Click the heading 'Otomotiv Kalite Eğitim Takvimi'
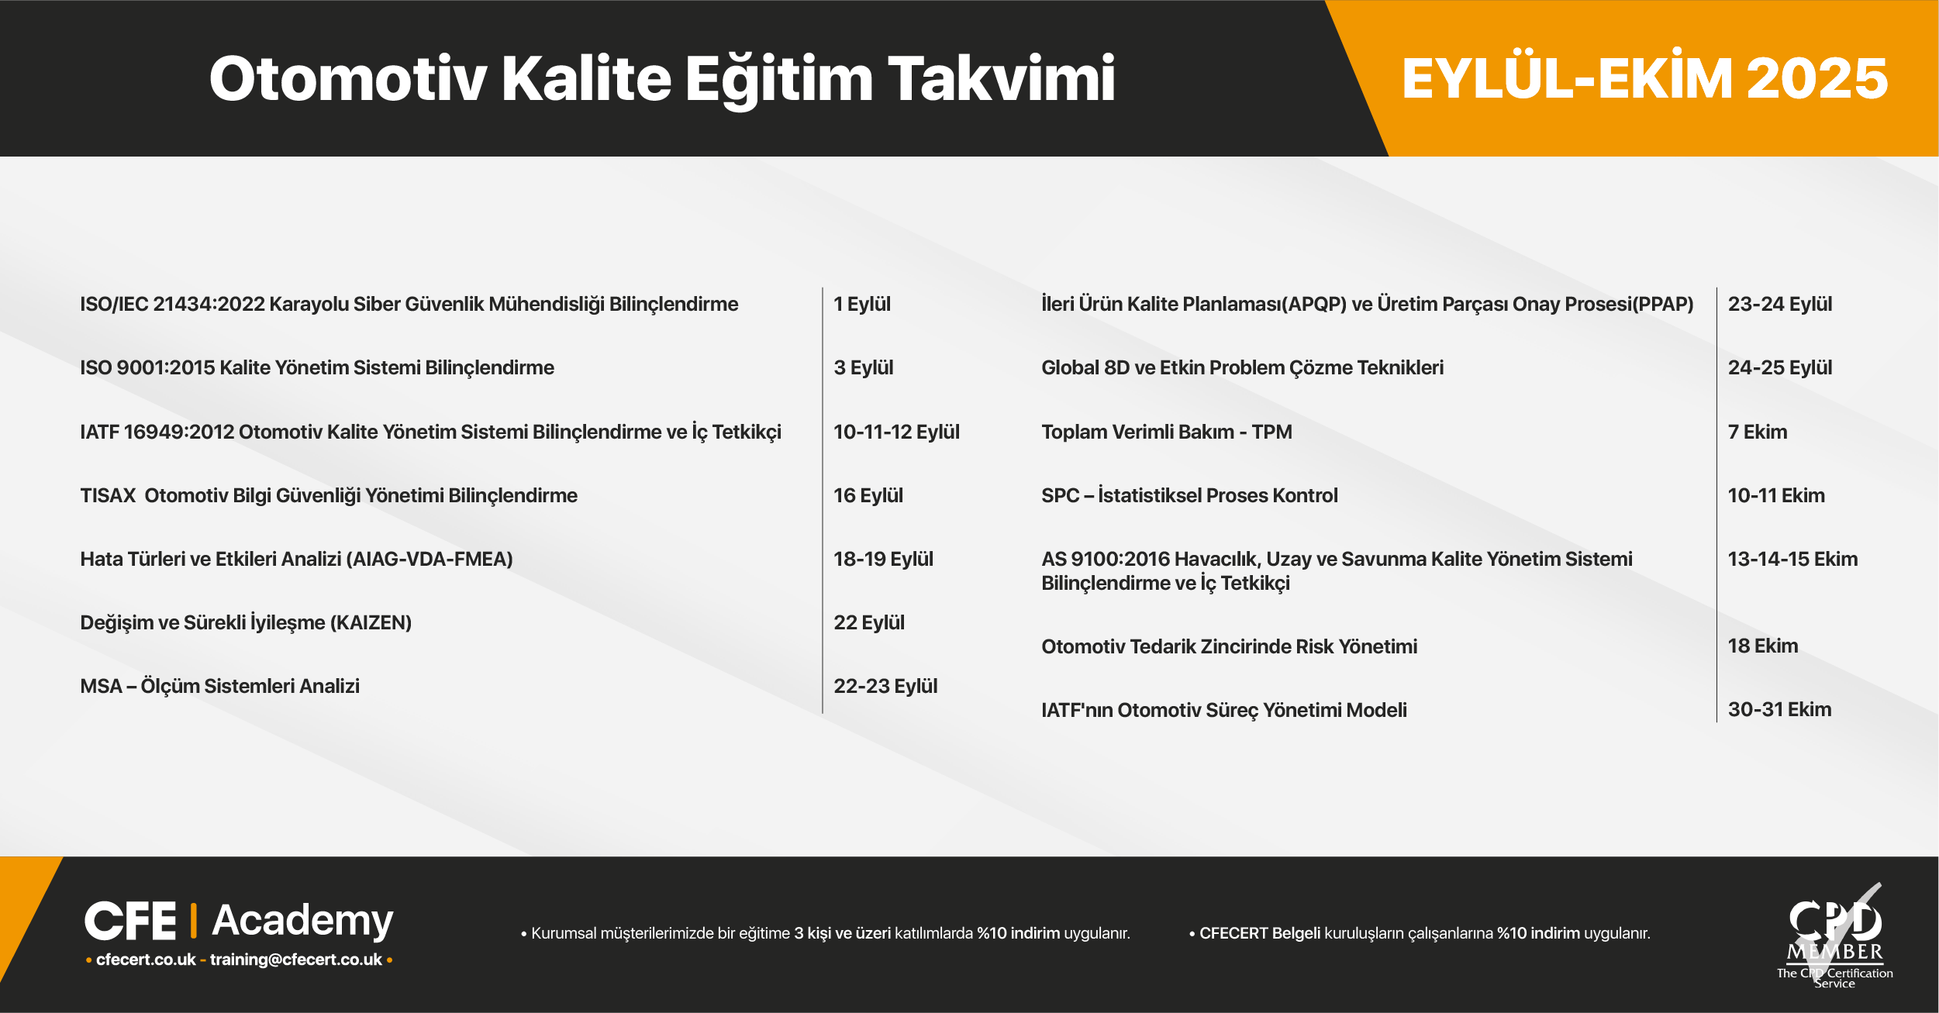tap(662, 79)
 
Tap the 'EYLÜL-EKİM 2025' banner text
tap(1644, 78)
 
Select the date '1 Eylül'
tap(862, 304)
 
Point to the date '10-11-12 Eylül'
tap(896, 432)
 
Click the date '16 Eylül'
tap(868, 495)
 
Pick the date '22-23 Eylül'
tap(885, 686)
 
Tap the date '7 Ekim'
tap(1758, 432)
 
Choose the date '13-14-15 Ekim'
tap(1792, 559)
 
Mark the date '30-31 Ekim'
tap(1779, 709)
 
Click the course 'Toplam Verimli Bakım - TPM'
tap(1167, 432)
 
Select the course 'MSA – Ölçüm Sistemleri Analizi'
tap(220, 686)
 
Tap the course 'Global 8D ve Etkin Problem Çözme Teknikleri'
tap(1243, 367)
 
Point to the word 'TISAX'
tap(108, 495)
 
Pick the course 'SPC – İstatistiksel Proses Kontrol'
tap(1189, 495)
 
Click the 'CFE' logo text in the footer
tap(130, 921)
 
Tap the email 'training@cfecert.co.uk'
tap(296, 960)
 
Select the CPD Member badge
tap(1834, 936)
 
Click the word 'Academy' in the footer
tap(302, 921)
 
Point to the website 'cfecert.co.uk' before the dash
tap(146, 960)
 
